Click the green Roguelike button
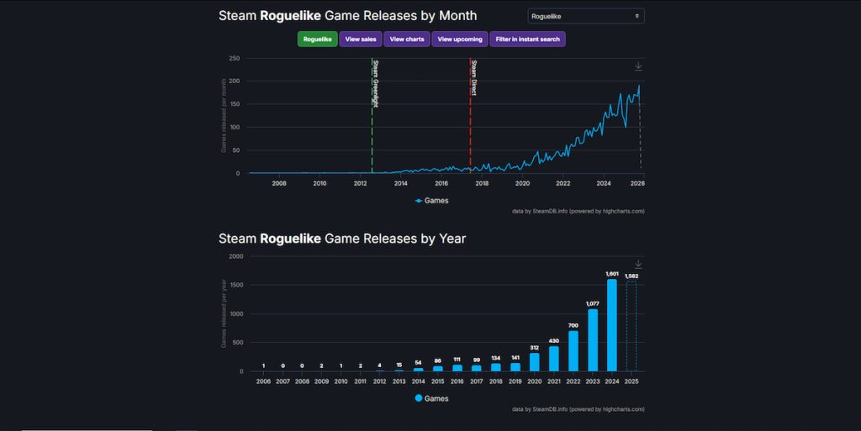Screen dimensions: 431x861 (x=317, y=39)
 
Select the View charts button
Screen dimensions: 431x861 (x=407, y=39)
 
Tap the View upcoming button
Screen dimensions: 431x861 (x=460, y=39)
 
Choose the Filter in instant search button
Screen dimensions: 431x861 (x=528, y=39)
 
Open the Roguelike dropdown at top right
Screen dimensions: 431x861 (x=586, y=16)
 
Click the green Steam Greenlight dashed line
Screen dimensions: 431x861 (x=372, y=126)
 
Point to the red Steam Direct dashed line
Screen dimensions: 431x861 (x=470, y=126)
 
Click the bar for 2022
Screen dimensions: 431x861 (x=573, y=351)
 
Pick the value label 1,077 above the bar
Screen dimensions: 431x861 (x=592, y=302)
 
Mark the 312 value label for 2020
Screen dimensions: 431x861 (x=534, y=346)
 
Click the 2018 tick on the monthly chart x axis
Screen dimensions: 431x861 (x=482, y=182)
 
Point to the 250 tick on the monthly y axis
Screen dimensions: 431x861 (x=235, y=59)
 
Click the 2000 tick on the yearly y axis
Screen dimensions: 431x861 (x=235, y=256)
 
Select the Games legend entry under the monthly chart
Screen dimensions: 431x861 (x=432, y=201)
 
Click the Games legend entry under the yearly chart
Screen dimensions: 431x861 (x=432, y=398)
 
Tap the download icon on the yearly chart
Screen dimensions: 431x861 (x=638, y=265)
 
